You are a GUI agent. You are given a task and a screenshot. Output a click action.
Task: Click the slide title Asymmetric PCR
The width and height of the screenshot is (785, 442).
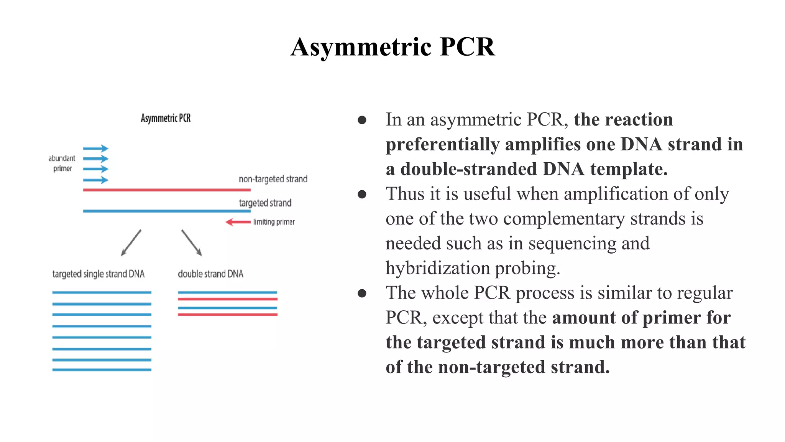[392, 47]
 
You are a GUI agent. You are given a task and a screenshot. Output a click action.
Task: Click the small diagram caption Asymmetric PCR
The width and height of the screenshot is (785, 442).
[166, 118]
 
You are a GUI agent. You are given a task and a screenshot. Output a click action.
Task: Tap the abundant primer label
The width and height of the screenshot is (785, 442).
[62, 163]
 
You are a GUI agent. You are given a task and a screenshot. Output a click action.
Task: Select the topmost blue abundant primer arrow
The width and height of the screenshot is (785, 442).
[96, 148]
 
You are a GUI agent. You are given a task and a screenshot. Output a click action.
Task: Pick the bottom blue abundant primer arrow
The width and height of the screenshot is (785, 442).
[96, 180]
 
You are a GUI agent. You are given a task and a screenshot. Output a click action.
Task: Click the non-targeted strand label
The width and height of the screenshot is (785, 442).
[273, 179]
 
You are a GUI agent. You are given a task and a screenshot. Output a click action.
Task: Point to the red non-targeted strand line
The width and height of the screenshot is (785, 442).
[167, 190]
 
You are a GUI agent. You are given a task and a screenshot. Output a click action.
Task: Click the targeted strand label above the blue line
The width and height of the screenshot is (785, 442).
[265, 203]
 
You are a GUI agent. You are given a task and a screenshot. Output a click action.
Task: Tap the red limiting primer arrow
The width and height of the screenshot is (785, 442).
[238, 222]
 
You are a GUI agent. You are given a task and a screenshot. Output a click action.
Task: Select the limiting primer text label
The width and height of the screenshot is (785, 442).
[274, 222]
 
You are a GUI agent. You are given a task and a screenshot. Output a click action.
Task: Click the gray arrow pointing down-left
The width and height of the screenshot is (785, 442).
[131, 242]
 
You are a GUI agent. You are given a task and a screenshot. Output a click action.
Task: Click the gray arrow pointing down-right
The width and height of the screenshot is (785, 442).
[192, 242]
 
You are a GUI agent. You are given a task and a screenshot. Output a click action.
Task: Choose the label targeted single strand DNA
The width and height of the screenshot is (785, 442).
[98, 274]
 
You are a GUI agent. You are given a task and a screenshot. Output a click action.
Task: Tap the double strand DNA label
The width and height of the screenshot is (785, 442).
[210, 274]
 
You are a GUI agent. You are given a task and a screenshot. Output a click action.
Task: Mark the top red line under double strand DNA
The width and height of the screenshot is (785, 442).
[227, 299]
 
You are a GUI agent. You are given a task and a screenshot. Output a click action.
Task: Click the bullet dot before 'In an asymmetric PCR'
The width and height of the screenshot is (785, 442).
[362, 120]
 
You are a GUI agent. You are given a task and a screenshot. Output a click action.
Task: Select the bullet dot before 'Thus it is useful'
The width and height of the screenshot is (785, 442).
[362, 194]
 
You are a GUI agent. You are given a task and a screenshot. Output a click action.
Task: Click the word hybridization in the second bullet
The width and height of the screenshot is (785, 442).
[437, 268]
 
